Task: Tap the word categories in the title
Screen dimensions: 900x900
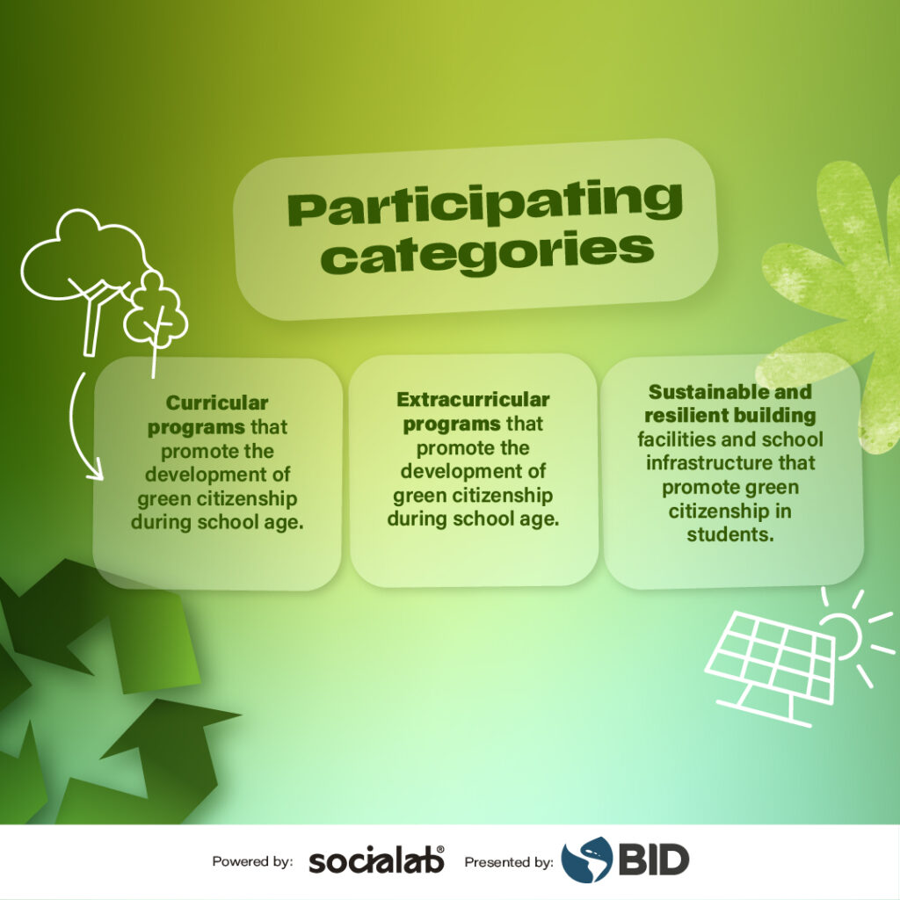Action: [x=487, y=253]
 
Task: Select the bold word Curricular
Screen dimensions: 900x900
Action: [x=217, y=403]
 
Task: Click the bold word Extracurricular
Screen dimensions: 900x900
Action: [x=473, y=400]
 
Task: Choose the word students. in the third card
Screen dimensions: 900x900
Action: [x=730, y=534]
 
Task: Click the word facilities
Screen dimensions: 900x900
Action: [x=679, y=439]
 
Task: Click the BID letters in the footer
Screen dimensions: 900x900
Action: [x=653, y=860]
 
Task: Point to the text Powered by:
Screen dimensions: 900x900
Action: [x=252, y=861]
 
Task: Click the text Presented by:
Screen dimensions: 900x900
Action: [x=509, y=861]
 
